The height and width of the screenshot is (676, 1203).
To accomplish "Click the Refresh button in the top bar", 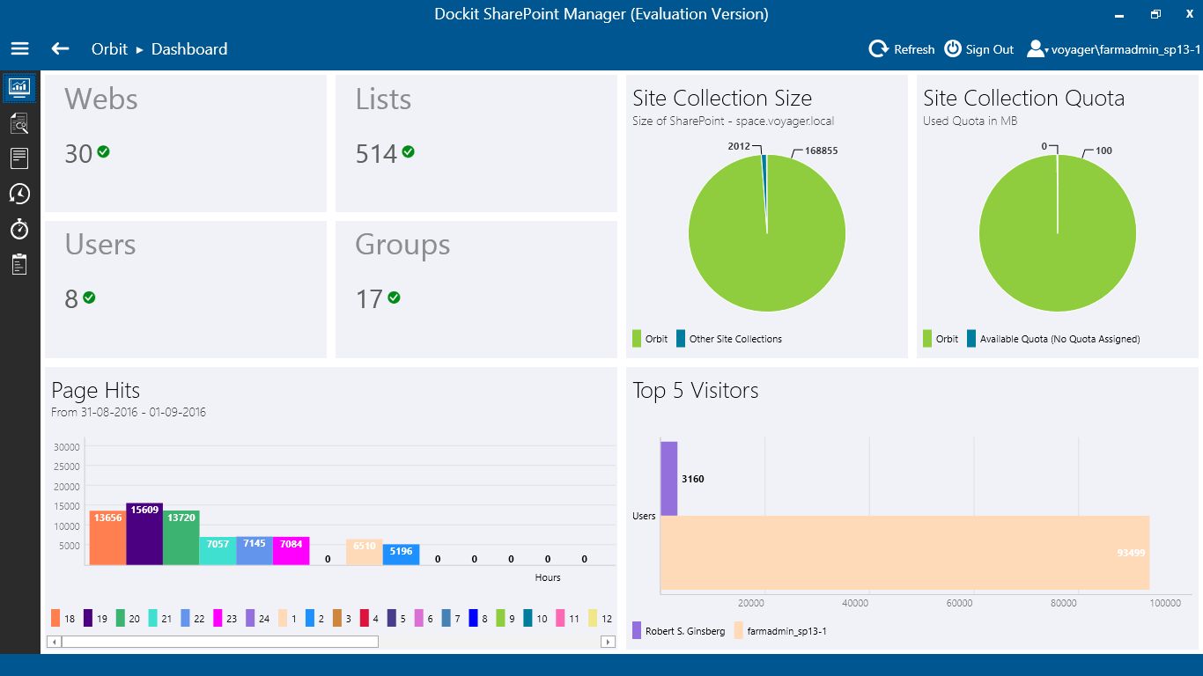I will (902, 49).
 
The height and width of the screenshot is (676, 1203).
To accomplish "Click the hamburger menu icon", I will (19, 49).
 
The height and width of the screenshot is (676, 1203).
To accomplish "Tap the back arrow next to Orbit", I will (60, 49).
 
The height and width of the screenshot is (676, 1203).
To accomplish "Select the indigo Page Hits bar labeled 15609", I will (144, 533).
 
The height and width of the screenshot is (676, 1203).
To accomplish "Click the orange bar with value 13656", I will (107, 537).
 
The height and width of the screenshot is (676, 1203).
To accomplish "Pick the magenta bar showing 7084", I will (291, 550).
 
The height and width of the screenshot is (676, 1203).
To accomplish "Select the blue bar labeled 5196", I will (401, 555).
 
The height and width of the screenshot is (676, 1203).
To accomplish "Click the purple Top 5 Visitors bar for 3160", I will (668, 478).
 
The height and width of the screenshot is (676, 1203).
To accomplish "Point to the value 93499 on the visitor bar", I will (1130, 553).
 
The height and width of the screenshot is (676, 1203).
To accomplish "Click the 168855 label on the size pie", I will (821, 151).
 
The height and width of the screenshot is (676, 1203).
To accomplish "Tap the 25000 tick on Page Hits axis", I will (67, 467).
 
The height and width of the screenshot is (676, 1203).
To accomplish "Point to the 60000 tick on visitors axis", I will (959, 603).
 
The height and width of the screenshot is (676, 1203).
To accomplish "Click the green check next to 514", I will (408, 151).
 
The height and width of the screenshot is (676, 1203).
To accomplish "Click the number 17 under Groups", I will (369, 299).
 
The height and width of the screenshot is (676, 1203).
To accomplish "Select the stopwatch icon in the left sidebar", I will (19, 229).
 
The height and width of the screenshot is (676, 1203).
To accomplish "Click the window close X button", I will (1189, 14).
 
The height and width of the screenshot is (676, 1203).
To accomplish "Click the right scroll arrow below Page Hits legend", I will (608, 642).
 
